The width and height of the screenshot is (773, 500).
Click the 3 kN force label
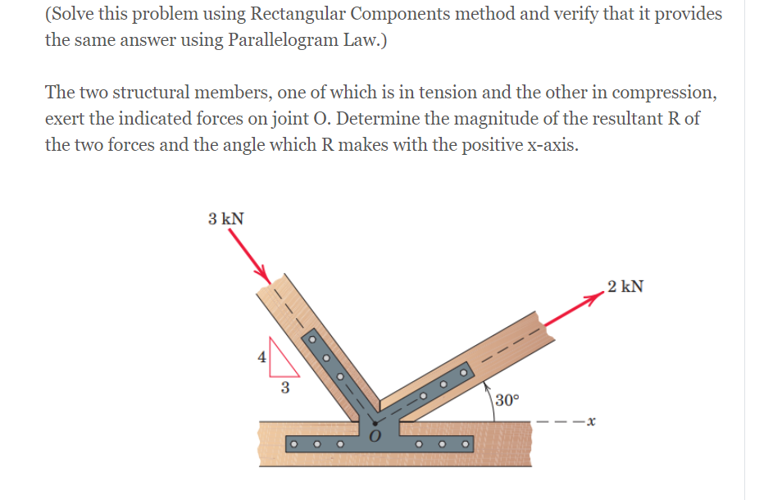coord(225,219)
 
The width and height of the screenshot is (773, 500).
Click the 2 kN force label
coord(625,287)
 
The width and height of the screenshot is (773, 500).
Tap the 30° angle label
coord(507,400)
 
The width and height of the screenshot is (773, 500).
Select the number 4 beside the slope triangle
coord(261,357)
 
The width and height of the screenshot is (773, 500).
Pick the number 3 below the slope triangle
coord(284,387)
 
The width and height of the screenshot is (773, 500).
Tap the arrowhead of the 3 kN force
coord(262,270)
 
